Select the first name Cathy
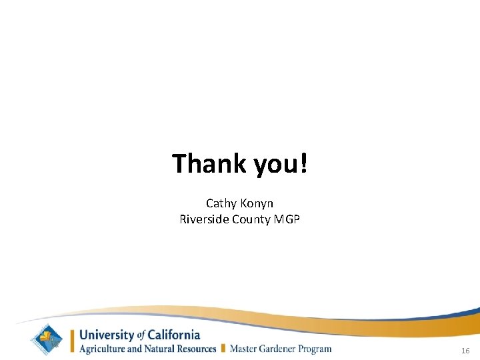click(221, 203)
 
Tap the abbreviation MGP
click(287, 219)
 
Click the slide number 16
click(465, 350)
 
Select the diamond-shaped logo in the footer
click(49, 339)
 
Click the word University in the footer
click(107, 335)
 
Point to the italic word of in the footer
click(141, 335)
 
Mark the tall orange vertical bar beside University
click(73, 340)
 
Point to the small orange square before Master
click(224, 348)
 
